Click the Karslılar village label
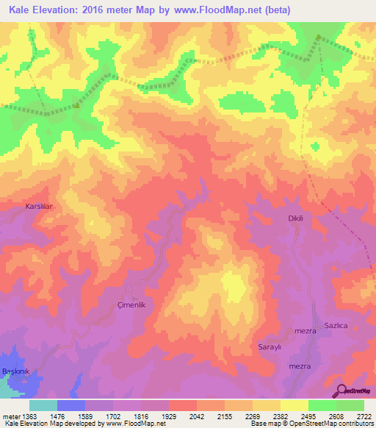click(x=40, y=207)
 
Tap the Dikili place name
click(x=295, y=218)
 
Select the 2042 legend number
click(x=197, y=415)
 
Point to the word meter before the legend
click(x=10, y=415)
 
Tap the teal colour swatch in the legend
click(x=43, y=405)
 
